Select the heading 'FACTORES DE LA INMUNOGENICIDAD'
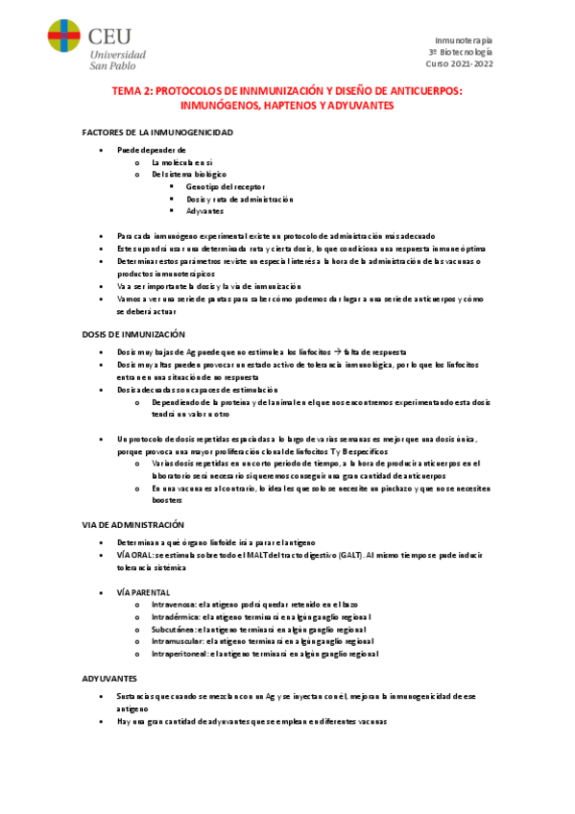tap(157, 132)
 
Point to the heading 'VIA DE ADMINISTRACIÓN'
tap(132, 524)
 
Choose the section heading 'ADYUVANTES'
tap(110, 678)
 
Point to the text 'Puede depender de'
tap(151, 151)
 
